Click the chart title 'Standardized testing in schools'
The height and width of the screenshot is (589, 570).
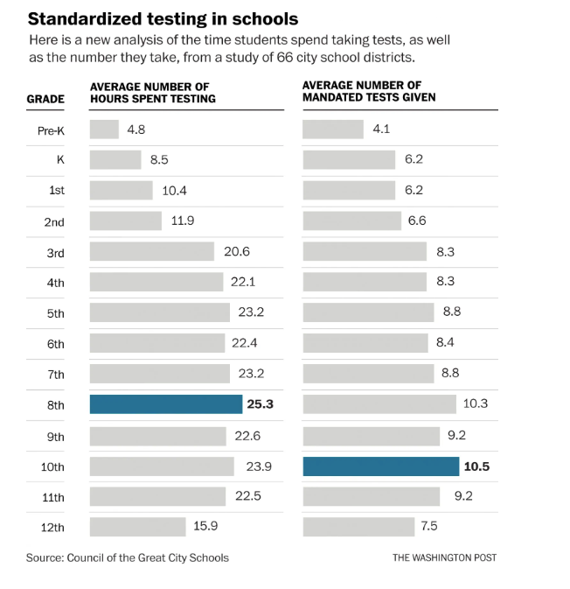coord(163,18)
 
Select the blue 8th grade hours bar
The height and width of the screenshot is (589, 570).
coord(166,404)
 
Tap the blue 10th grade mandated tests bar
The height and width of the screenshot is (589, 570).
coord(380,466)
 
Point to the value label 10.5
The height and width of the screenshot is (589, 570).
coord(476,466)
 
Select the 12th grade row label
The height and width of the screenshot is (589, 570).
coord(53,528)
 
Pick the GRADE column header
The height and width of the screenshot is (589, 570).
coord(45,99)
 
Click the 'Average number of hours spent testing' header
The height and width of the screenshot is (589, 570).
coord(153,92)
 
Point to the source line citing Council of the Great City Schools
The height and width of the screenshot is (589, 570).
coord(128,557)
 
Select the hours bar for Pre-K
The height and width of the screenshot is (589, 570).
coord(104,130)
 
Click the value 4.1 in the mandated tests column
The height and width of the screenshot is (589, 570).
coord(381,130)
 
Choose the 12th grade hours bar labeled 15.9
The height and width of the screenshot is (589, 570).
coord(138,527)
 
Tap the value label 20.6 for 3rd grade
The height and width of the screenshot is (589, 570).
coord(237,252)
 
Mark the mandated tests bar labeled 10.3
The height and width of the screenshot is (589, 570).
coord(379,404)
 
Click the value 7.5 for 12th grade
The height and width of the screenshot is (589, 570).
coord(428,527)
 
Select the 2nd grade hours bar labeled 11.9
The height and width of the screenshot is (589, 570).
coord(126,221)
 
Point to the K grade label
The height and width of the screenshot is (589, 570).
coord(59,161)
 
